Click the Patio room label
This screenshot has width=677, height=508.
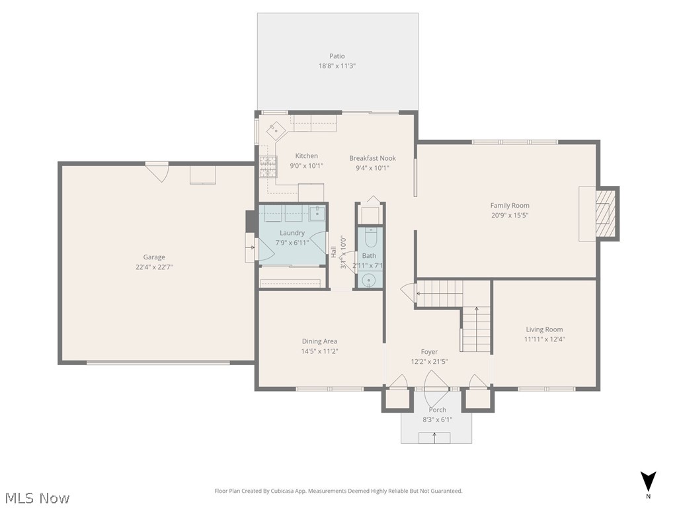(337, 56)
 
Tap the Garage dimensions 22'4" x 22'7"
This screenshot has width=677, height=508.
(154, 267)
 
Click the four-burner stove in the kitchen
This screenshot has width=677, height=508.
(267, 166)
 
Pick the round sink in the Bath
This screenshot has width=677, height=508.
(369, 280)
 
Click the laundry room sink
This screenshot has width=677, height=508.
(317, 213)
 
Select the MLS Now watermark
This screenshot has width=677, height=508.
(36, 497)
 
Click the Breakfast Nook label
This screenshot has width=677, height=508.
(372, 158)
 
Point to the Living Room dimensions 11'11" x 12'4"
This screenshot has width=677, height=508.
(544, 339)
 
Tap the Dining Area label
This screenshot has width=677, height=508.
(319, 341)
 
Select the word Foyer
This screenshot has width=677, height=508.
(429, 352)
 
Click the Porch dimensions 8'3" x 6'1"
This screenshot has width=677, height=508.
(437, 420)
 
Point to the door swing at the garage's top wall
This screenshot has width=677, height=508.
(157, 171)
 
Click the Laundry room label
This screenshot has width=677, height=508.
(292, 233)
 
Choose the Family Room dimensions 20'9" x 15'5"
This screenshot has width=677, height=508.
(509, 215)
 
